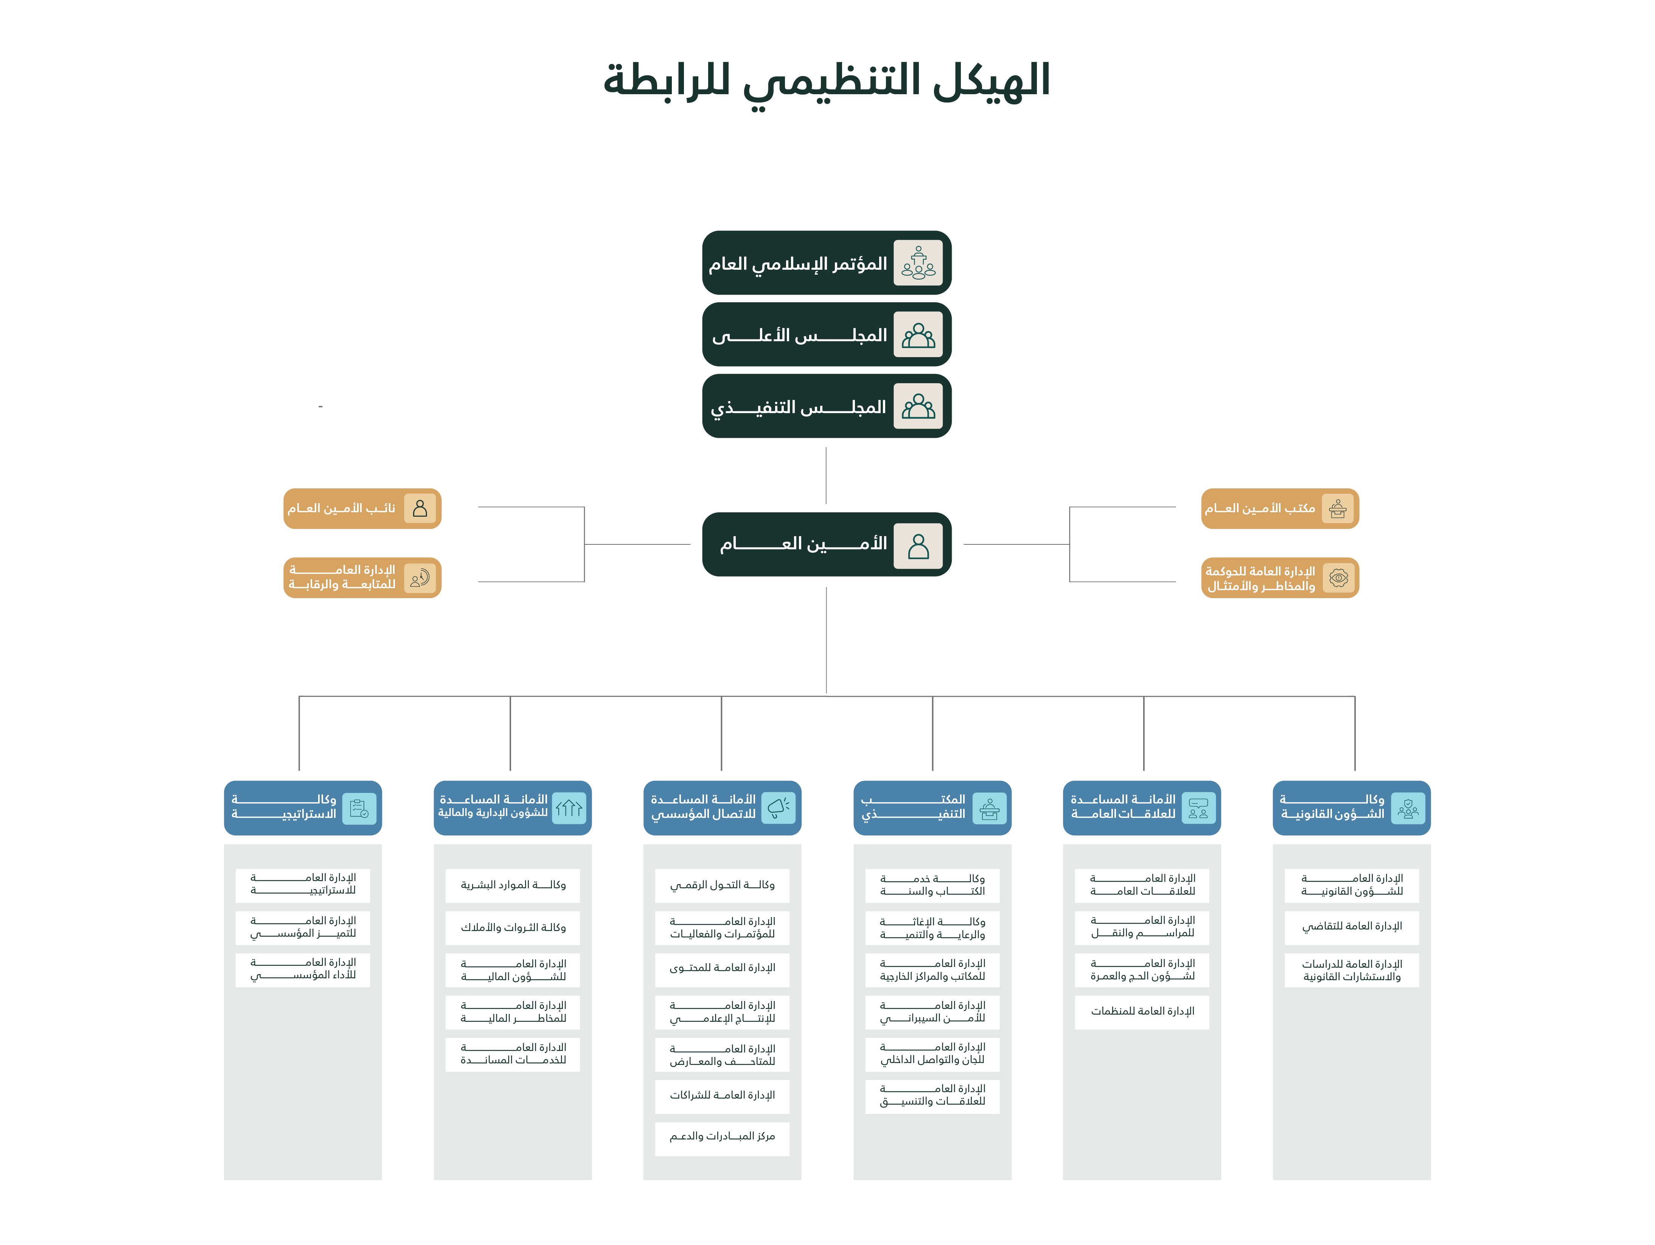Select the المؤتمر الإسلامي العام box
click(x=827, y=263)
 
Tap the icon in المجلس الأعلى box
click(x=918, y=334)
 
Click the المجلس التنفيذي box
click(x=827, y=406)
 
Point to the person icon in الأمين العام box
click(x=918, y=545)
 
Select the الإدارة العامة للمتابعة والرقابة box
click(x=362, y=578)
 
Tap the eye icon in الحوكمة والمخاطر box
click(x=1338, y=578)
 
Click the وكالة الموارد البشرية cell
click(x=513, y=885)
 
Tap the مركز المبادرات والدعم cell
click(x=722, y=1137)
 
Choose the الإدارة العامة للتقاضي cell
click(x=1352, y=927)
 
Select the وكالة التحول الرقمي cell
click(x=722, y=885)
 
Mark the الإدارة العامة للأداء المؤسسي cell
click(x=303, y=970)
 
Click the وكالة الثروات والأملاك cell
click(x=513, y=928)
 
